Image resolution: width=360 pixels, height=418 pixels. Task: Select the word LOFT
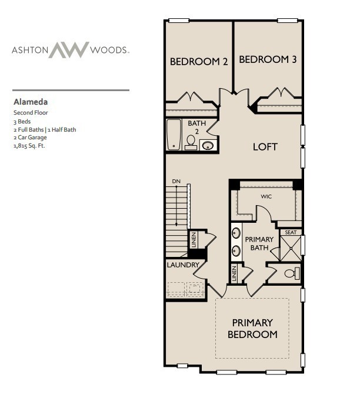[x=265, y=146]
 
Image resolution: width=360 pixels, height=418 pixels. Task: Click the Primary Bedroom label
[x=252, y=328]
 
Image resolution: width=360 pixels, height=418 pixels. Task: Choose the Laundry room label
[x=183, y=265]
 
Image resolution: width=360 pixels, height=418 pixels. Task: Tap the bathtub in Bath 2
[x=174, y=135]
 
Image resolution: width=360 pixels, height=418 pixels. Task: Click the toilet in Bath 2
[x=191, y=143]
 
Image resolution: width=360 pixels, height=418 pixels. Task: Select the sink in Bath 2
[x=208, y=145]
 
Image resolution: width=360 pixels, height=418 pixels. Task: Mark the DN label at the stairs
[x=176, y=181]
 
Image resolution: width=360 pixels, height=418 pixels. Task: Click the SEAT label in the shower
[x=290, y=232]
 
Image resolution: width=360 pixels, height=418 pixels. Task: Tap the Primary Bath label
[x=259, y=243]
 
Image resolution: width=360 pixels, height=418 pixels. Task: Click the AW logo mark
[x=68, y=50]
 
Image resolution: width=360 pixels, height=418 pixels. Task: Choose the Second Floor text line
[x=30, y=112]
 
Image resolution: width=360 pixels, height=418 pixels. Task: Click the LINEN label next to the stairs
[x=193, y=240]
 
